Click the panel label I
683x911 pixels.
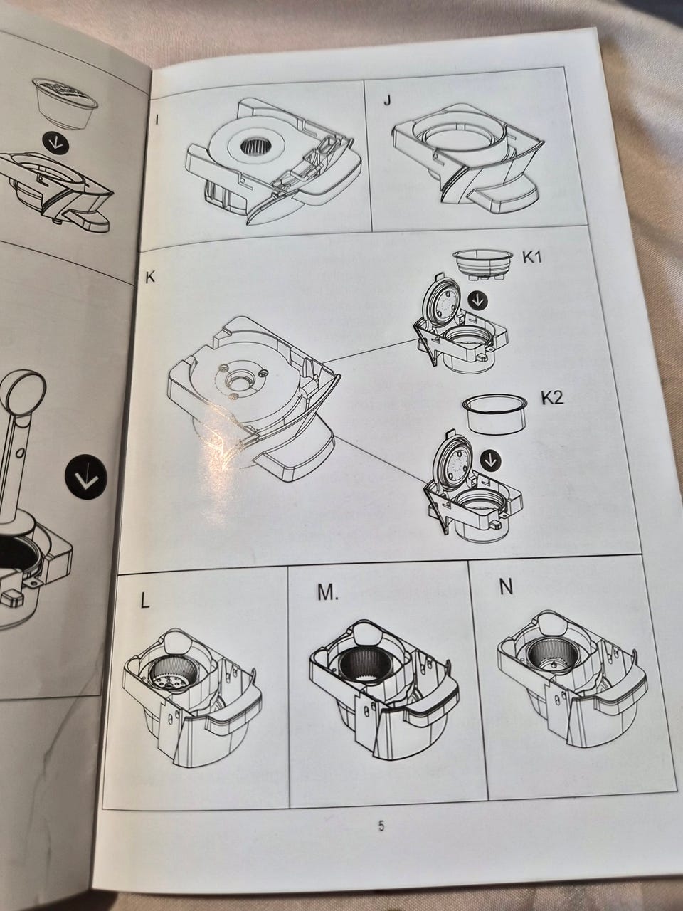157,120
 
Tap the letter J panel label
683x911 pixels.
386,101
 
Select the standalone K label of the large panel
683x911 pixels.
150,278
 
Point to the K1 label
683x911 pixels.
531,258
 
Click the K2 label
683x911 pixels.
552,398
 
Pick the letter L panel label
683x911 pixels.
144,601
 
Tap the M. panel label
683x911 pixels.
328,593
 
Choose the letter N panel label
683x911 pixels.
506,588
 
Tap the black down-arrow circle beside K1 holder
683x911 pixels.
477,300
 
